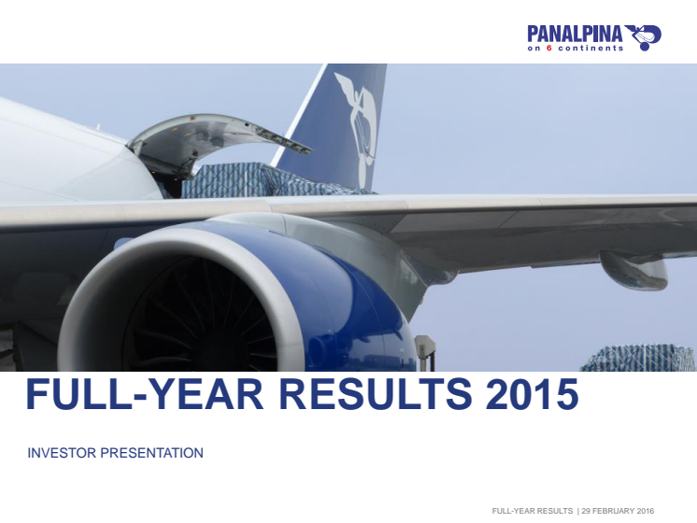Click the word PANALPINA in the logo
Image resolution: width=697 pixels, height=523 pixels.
point(575,34)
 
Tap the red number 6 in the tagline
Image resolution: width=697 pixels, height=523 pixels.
point(549,48)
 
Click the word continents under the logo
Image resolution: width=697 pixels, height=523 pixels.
point(590,48)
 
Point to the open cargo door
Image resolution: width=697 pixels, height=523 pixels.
point(218,137)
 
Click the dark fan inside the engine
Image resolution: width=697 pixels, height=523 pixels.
point(200,316)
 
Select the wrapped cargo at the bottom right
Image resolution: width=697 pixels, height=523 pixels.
point(638,358)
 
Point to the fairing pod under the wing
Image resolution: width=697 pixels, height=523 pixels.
point(633,269)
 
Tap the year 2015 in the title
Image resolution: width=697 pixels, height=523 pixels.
point(532,394)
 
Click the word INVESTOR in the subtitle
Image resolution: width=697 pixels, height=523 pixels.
point(62,453)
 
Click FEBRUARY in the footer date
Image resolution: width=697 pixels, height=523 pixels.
point(613,511)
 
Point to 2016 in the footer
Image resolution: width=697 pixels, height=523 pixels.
point(646,511)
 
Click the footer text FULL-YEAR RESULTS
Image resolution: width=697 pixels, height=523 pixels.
point(532,511)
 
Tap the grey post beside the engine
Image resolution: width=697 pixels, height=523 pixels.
point(424,352)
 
